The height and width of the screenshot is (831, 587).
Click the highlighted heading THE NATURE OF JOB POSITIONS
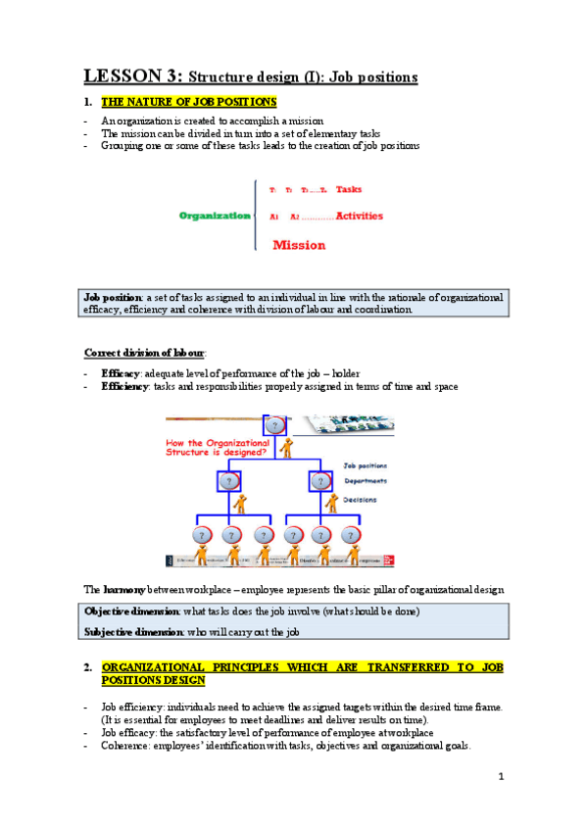point(188,102)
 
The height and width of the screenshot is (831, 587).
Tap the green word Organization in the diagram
point(215,216)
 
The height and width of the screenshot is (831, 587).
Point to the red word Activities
point(359,216)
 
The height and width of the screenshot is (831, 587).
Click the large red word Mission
point(299,245)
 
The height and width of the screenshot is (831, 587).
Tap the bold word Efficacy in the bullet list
point(122,373)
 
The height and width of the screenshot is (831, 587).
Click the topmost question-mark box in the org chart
point(275,424)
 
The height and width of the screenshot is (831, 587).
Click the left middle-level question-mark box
point(228,481)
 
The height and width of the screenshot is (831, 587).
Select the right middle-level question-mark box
point(321,481)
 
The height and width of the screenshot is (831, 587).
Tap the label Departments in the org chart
point(365,481)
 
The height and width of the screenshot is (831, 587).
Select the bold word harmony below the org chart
point(123,589)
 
